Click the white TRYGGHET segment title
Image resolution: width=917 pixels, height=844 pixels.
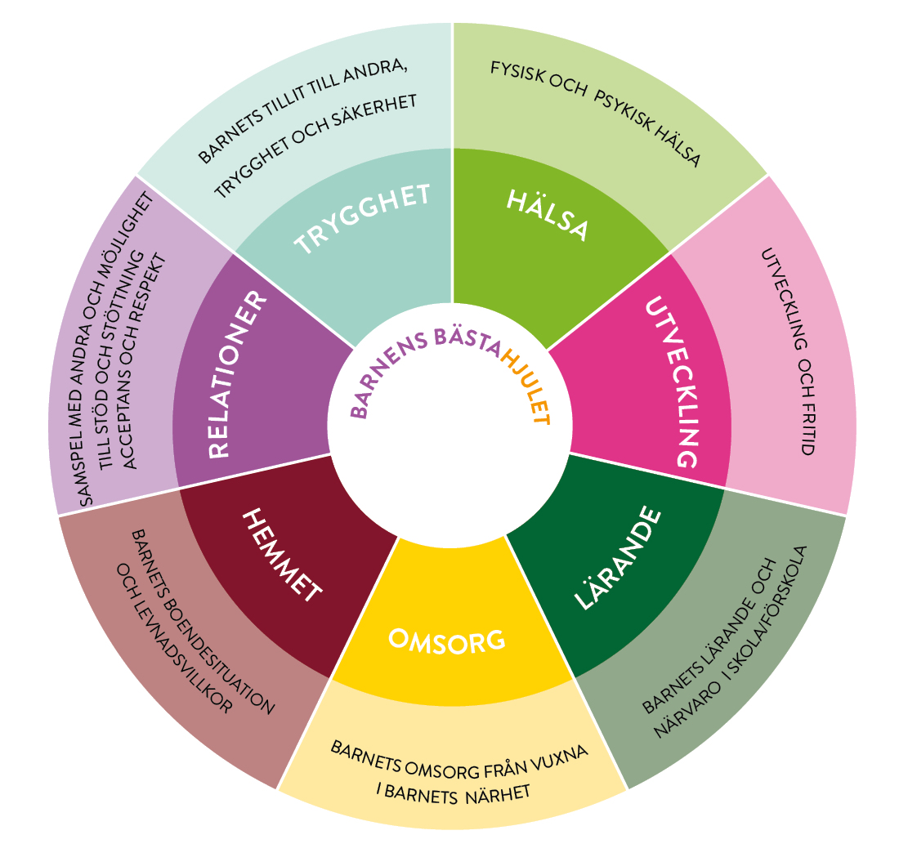tap(362, 219)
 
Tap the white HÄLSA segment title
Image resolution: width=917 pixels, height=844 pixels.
tap(547, 215)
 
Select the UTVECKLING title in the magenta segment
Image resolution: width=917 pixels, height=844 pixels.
tap(673, 382)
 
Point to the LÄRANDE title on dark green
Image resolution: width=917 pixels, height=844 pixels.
tap(618, 559)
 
